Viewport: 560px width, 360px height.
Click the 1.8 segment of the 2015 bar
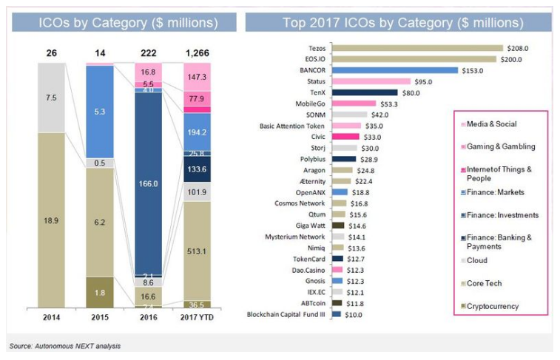pos(99,292)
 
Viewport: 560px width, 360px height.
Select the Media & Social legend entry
pos(495,124)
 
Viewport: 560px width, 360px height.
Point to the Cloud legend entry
pos(481,260)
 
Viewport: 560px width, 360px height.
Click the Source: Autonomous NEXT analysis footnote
pos(64,345)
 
